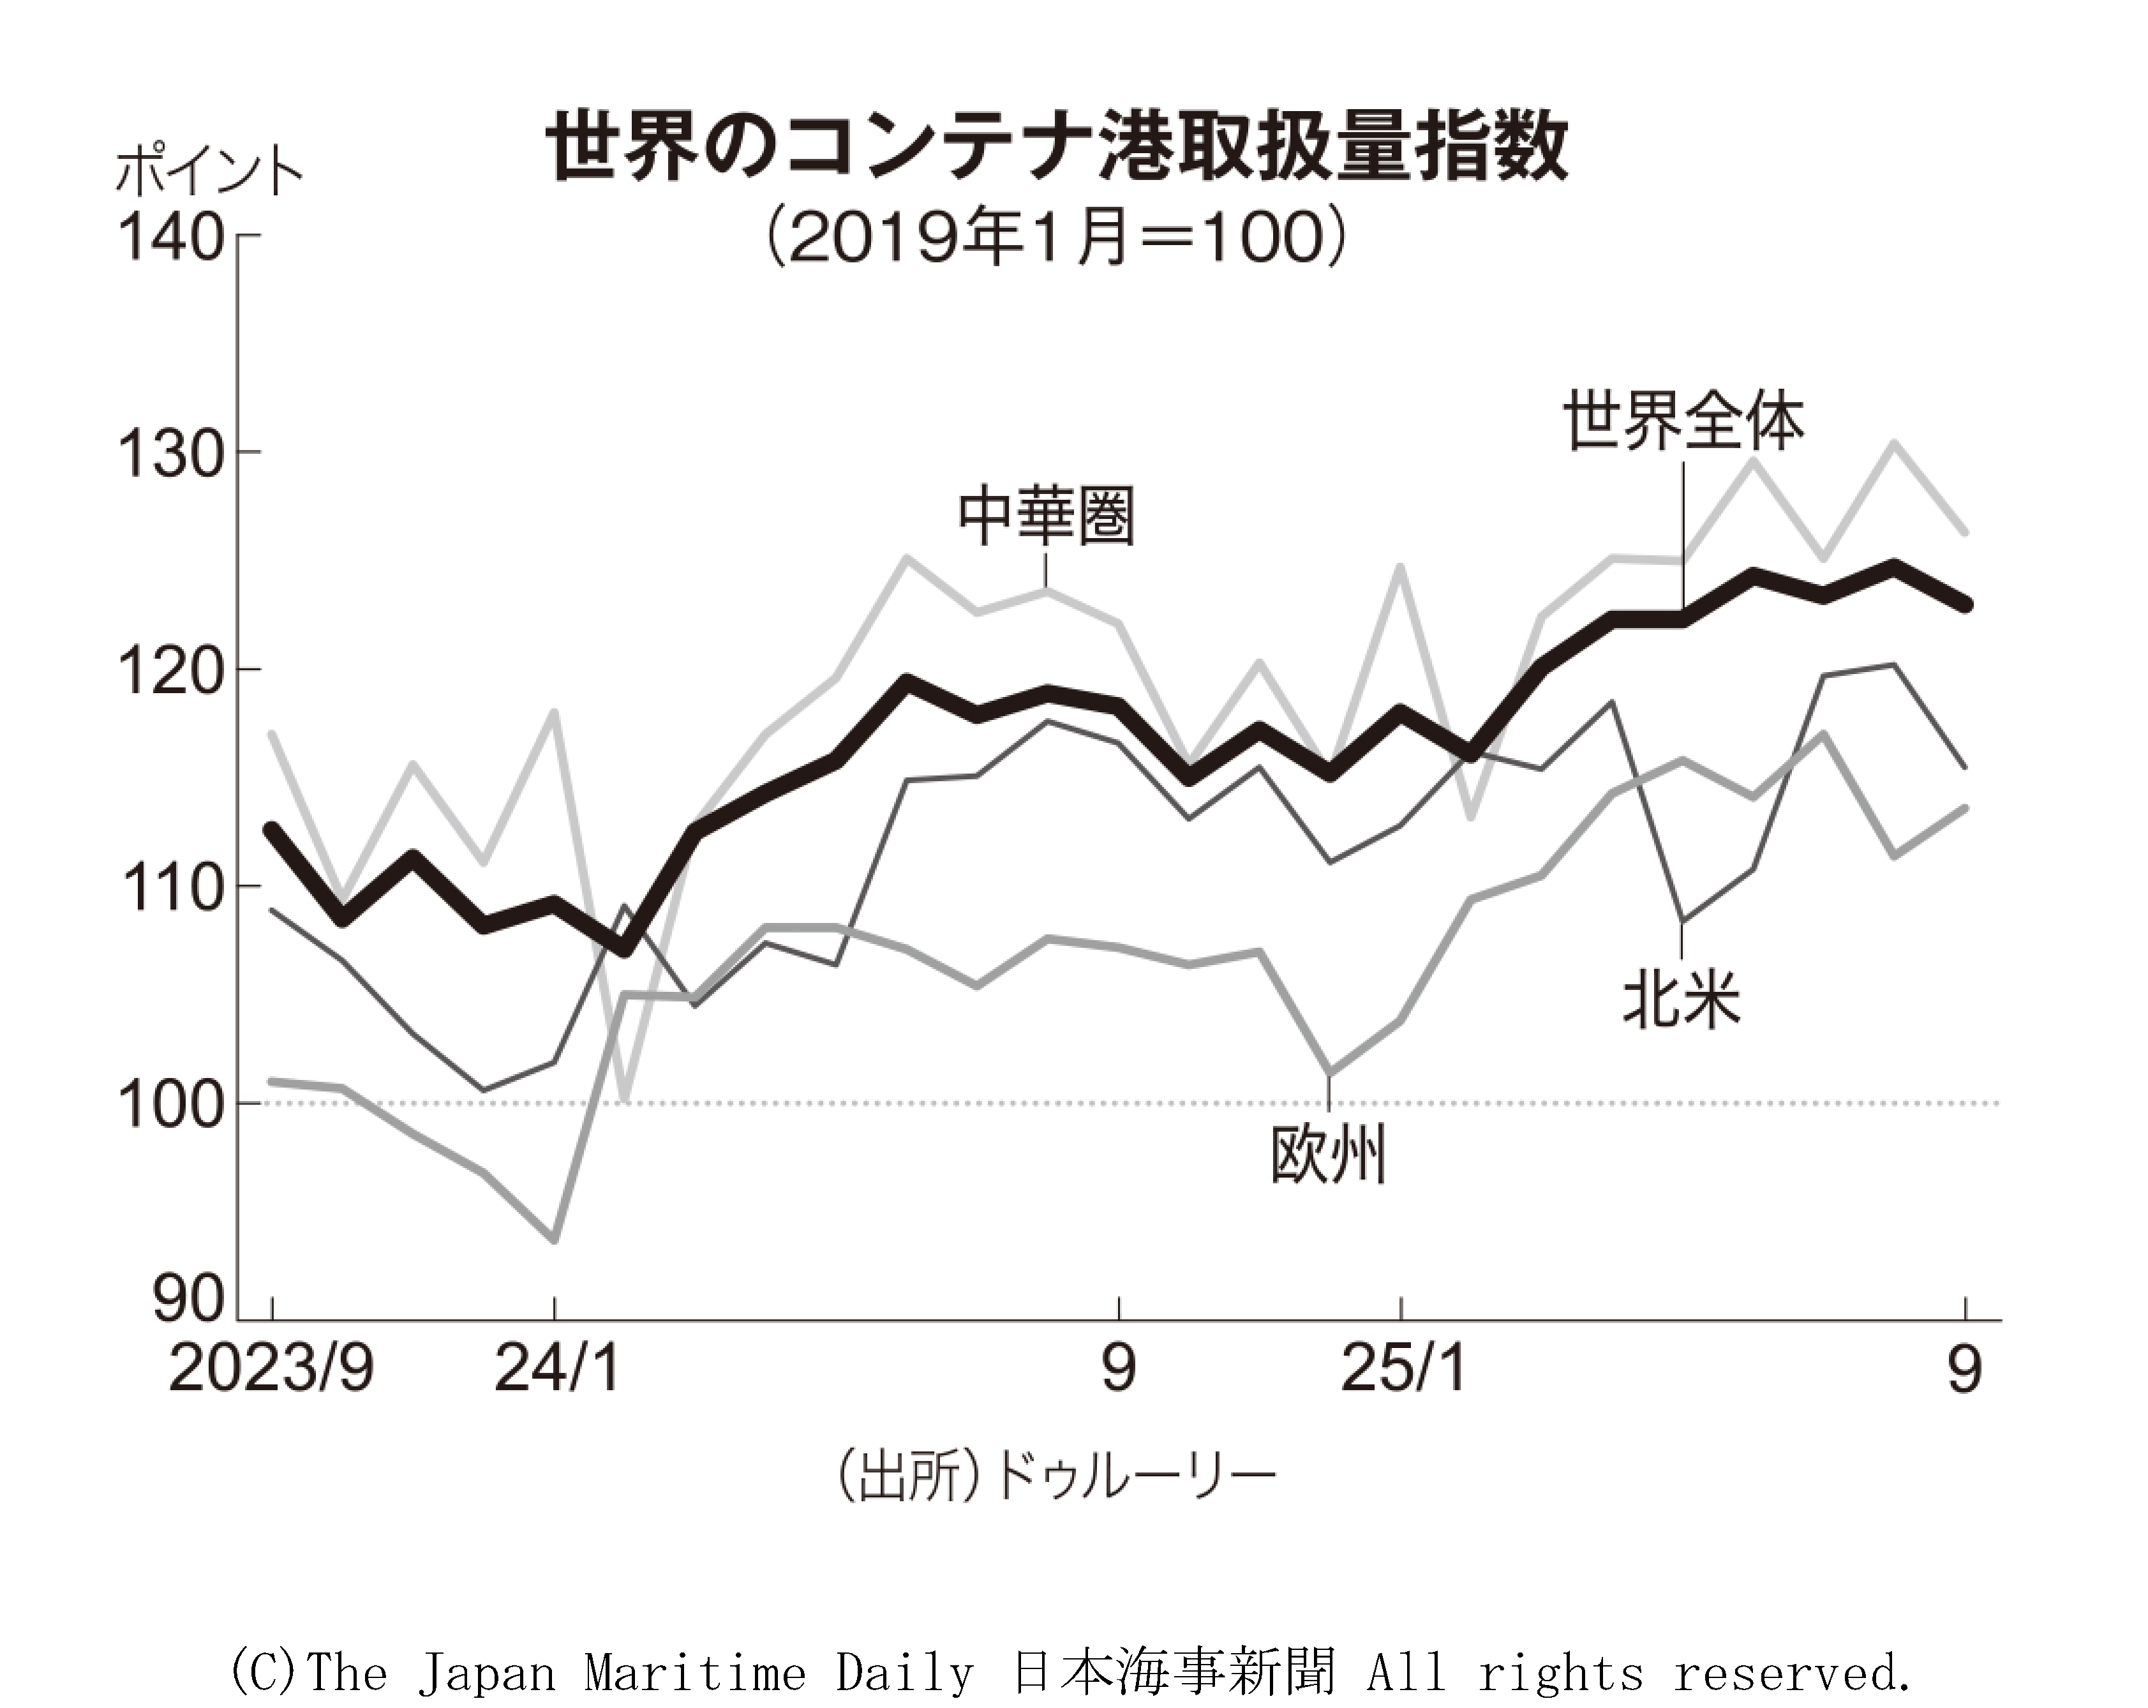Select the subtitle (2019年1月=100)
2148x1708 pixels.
pyautogui.click(x=1056, y=239)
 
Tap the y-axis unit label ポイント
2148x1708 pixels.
pyautogui.click(x=208, y=172)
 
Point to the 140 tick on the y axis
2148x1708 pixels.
pyautogui.click(x=169, y=238)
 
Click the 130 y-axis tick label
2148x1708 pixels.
pyautogui.click(x=169, y=454)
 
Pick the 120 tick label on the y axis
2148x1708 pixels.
pyautogui.click(x=169, y=671)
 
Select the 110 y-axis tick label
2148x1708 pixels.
pyautogui.click(x=169, y=888)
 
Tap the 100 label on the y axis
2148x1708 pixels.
pyautogui.click(x=169, y=1104)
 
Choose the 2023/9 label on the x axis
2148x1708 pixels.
pyautogui.click(x=271, y=1368)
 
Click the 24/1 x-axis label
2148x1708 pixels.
pyautogui.click(x=556, y=1368)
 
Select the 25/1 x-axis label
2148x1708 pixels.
pyautogui.click(x=1403, y=1368)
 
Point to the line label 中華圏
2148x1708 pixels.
pyautogui.click(x=1046, y=516)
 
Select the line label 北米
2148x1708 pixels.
pyautogui.click(x=1682, y=1000)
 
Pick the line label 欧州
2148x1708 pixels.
pyautogui.click(x=1328, y=1156)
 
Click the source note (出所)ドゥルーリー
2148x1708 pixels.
pyautogui.click(x=1056, y=1476)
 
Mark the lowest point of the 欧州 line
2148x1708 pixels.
pyautogui.click(x=554, y=1240)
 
